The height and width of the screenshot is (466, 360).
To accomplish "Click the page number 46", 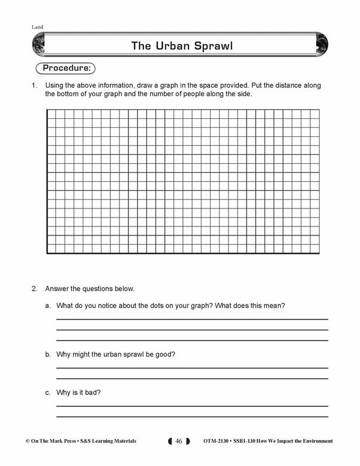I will tap(178, 441).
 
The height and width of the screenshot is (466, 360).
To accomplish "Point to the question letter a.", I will tap(47, 306).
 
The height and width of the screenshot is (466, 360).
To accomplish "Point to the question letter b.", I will tap(47, 355).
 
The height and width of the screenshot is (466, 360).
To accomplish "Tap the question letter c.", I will tap(47, 392).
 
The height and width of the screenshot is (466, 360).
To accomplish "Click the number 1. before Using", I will tap(35, 86).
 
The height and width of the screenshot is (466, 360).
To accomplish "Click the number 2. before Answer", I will tap(35, 288).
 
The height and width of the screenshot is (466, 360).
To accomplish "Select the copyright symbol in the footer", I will tap(28, 441).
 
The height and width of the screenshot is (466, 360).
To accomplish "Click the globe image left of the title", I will tap(38, 45).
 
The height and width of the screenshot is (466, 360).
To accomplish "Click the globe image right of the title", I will tap(322, 45).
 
